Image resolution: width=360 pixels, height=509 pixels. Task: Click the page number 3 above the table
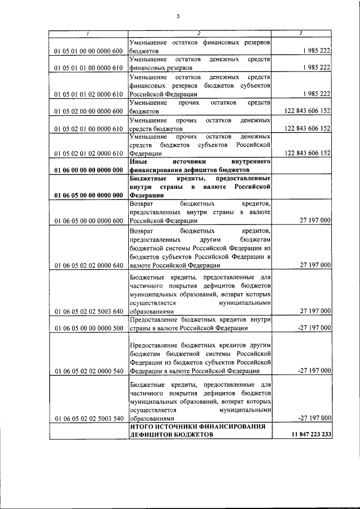coord(178,16)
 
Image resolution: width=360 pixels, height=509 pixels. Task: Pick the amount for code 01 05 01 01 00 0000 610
coord(316,68)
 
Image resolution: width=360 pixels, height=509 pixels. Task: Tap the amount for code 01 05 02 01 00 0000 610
coord(307,128)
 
